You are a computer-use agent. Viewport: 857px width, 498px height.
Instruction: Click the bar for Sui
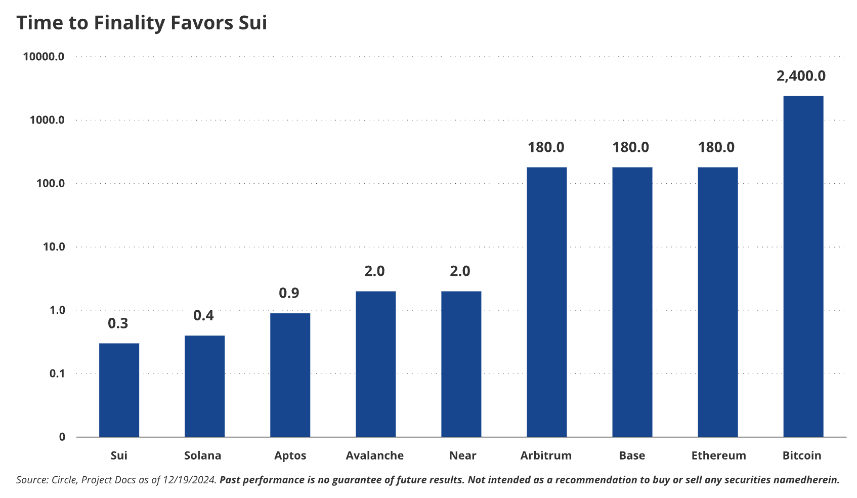coord(119,390)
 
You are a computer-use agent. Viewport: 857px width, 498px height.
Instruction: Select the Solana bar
coord(204,386)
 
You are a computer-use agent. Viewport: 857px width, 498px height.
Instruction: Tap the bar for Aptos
coord(290,375)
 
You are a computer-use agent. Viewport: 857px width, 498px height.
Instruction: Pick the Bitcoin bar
coord(803,266)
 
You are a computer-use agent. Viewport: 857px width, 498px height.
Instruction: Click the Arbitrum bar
coord(546,302)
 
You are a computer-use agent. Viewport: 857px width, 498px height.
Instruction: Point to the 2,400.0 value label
coord(801,76)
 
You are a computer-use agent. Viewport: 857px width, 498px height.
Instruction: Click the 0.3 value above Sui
coord(118,323)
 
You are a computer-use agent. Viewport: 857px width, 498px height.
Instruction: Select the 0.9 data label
coord(289,293)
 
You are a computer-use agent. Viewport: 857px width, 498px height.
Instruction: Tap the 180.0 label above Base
coord(630,147)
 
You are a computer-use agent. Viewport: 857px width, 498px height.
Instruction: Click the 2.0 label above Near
coord(460,271)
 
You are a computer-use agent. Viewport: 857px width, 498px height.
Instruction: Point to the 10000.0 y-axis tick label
coord(44,57)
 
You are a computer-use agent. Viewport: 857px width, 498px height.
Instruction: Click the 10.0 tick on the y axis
coord(54,247)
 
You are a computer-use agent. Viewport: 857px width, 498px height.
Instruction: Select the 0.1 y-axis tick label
coord(57,373)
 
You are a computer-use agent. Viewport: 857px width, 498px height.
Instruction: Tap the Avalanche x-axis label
coord(374,455)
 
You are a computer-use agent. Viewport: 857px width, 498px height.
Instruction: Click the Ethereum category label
coord(718,455)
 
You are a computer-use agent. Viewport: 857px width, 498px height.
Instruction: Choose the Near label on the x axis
coord(462,455)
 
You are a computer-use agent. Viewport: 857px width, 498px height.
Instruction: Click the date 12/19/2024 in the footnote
coord(189,480)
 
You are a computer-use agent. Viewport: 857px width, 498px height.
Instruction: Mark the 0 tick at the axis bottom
coord(62,437)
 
